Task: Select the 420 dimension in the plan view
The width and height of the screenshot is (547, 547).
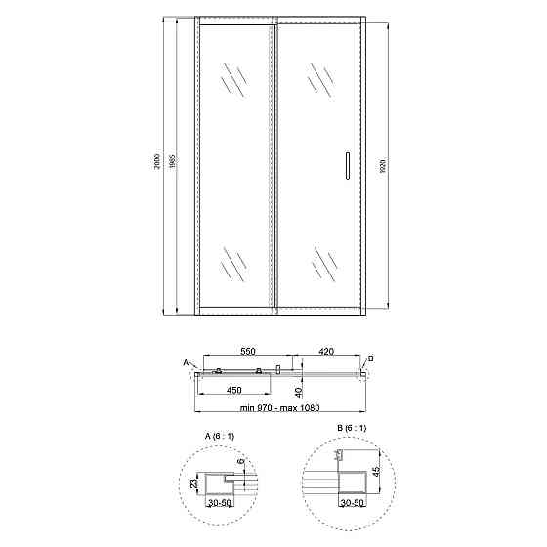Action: click(x=325, y=350)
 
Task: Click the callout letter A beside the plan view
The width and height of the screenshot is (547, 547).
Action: click(x=185, y=362)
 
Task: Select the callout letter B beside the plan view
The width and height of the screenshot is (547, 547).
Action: click(x=371, y=358)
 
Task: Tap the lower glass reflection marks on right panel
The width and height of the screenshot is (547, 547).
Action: click(x=323, y=263)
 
